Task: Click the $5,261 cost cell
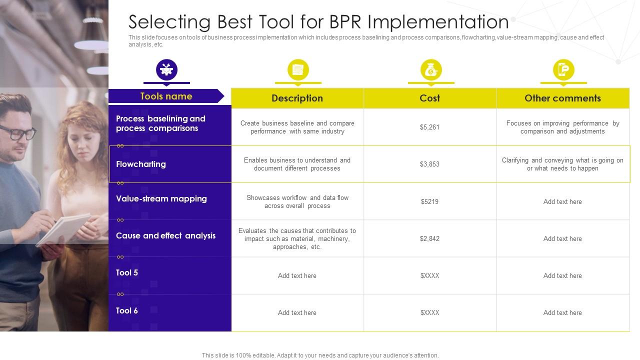click(x=429, y=127)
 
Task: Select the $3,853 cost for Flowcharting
click(x=429, y=164)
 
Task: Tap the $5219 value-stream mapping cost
click(x=429, y=202)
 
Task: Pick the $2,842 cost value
click(x=429, y=239)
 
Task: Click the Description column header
click(x=297, y=98)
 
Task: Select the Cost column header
click(x=429, y=98)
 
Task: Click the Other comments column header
click(x=562, y=98)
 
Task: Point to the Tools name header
click(x=166, y=96)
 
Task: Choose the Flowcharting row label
click(x=141, y=164)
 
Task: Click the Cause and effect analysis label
click(x=165, y=236)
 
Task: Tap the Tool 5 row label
click(x=127, y=273)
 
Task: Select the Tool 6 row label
click(x=127, y=311)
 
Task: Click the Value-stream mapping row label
click(x=161, y=199)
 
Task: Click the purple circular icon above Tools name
click(x=166, y=69)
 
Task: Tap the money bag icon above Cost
click(x=430, y=70)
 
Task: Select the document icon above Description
click(x=298, y=70)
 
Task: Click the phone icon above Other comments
click(x=563, y=70)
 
